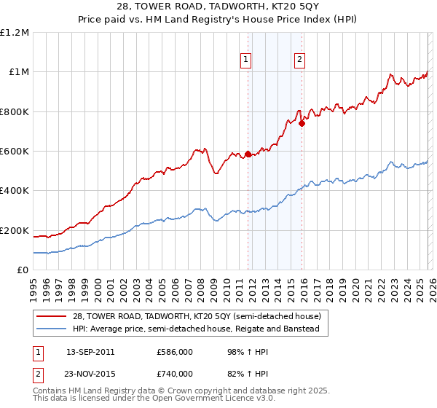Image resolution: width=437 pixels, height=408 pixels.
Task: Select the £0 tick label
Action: coord(23,270)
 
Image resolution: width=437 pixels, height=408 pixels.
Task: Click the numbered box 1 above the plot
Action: coord(247,60)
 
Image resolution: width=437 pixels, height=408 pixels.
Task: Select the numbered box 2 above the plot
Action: coord(300,60)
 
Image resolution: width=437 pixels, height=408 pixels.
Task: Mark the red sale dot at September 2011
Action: coord(248,154)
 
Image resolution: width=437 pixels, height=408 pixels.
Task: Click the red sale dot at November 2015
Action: coord(302,123)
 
